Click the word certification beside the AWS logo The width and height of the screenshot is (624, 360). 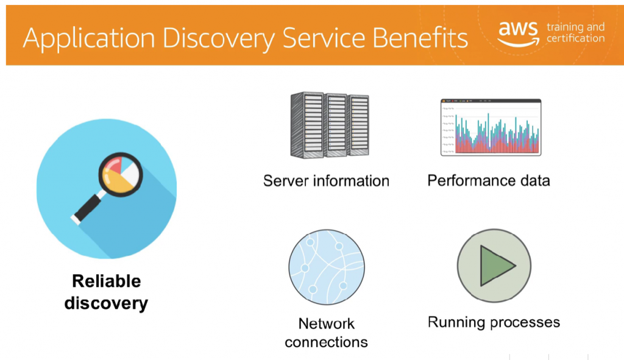pos(575,39)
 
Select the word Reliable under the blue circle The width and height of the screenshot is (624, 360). pos(106,281)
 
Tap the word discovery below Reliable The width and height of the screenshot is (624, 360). pos(106,303)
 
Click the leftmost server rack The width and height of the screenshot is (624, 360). pos(307,125)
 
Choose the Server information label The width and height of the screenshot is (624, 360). pos(326,181)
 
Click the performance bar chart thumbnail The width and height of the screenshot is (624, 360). pos(491,127)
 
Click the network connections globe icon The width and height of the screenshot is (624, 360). pos(326,267)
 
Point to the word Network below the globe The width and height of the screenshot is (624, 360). pos(326,323)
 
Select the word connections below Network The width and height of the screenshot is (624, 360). pos(326,342)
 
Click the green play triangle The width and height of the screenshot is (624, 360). pos(495,266)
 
